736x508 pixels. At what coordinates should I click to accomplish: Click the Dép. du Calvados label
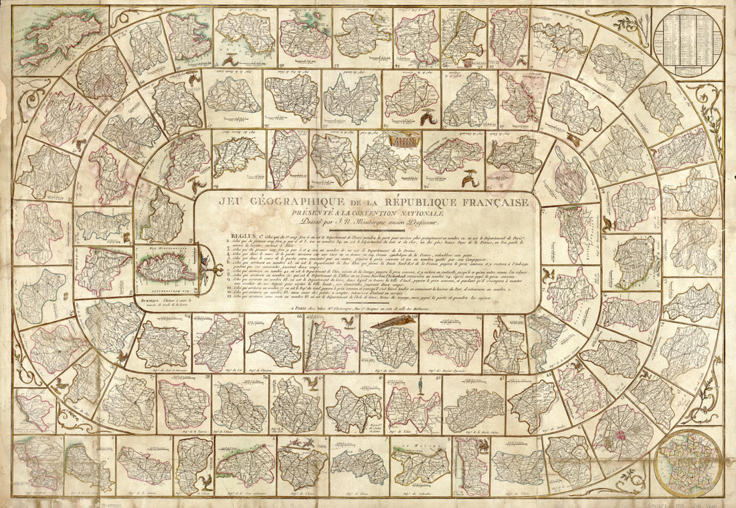point(416,493)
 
